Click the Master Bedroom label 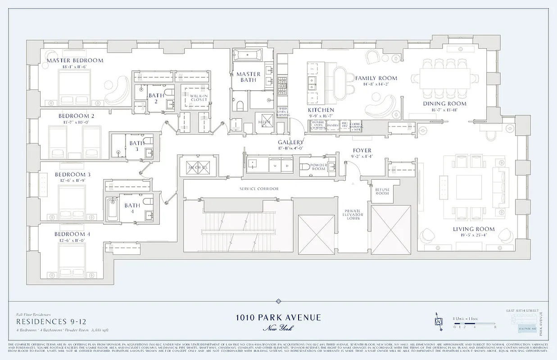(75, 60)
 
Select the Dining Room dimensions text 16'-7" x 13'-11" (444, 110)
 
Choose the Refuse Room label (382, 191)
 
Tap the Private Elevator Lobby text (353, 215)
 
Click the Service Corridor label (259, 189)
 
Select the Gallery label (290, 142)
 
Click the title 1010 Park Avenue (278, 317)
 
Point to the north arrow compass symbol (438, 321)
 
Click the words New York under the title (278, 328)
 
